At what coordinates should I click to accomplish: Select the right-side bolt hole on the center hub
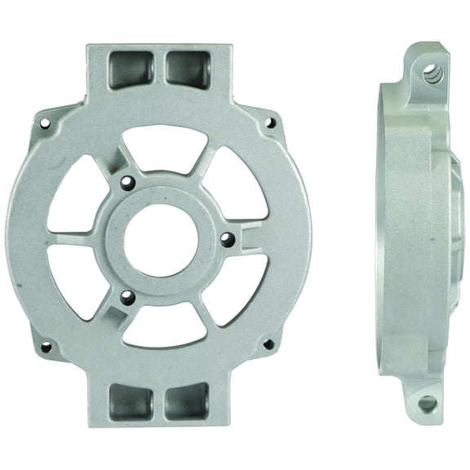point(228,240)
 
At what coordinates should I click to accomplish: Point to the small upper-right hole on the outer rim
point(271,125)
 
